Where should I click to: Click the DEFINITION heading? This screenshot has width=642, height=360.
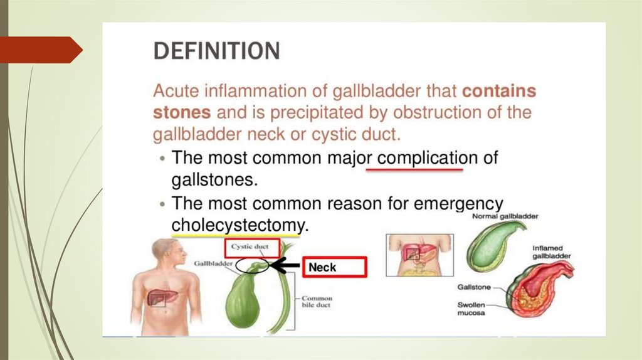(217, 51)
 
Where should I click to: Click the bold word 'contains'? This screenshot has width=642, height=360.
(499, 92)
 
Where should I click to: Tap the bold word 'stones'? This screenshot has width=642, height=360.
(181, 113)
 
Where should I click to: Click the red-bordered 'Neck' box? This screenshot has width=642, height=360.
(334, 267)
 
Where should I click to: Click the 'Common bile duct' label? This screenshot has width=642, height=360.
(317, 302)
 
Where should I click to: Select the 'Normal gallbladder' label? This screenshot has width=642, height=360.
(505, 216)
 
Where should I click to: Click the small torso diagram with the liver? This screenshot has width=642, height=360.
(419, 253)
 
